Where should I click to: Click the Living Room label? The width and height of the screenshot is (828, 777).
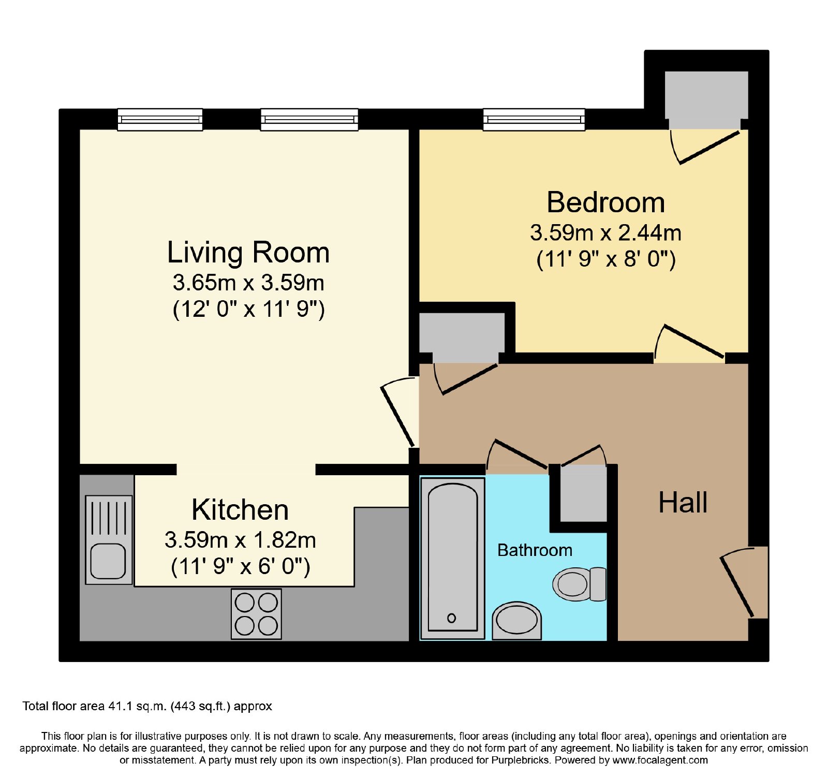tap(248, 253)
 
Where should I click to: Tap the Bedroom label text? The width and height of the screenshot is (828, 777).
tap(606, 202)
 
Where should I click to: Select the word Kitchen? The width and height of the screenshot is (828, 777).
tap(240, 510)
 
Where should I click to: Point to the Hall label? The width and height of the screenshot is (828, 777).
tap(683, 502)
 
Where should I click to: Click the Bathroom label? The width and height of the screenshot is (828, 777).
tap(535, 550)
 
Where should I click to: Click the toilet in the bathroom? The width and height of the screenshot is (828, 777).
tap(580, 584)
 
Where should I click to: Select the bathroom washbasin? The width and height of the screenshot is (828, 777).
tap(516, 620)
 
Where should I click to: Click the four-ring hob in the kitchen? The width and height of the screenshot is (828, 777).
tap(256, 613)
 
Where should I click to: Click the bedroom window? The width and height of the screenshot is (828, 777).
tap(534, 120)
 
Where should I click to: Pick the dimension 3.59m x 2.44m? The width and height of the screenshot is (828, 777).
tap(605, 233)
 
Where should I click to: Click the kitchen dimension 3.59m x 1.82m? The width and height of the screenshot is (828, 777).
tap(240, 540)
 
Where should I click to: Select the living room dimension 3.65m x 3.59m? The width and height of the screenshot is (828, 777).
tap(248, 283)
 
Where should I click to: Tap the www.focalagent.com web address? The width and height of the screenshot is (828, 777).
tap(660, 760)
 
